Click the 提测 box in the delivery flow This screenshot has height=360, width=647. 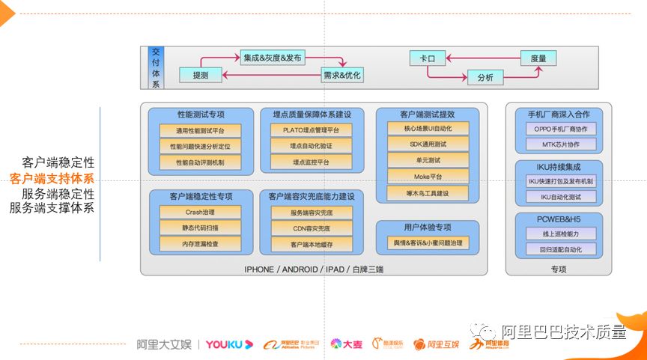[x=201, y=76]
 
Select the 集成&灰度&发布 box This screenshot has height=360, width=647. [x=273, y=58]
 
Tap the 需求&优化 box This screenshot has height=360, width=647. [x=342, y=76]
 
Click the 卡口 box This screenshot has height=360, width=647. [x=428, y=58]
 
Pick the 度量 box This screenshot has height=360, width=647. [x=538, y=58]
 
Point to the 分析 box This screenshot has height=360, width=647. [x=485, y=77]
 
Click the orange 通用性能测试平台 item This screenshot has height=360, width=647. [x=200, y=130]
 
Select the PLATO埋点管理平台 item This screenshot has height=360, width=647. [x=311, y=130]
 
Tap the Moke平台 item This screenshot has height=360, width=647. [x=428, y=177]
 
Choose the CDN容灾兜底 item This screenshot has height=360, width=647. [x=311, y=228]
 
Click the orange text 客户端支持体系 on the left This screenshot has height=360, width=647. [x=52, y=178]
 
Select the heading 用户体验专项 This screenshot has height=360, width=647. [x=428, y=227]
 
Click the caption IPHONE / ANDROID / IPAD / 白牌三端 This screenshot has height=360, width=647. [x=314, y=269]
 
